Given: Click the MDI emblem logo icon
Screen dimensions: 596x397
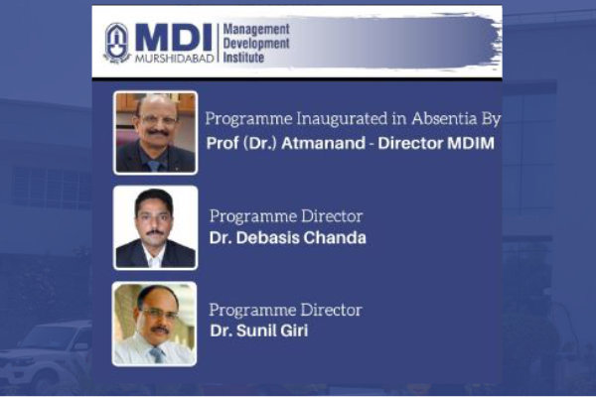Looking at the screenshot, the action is coord(117,43).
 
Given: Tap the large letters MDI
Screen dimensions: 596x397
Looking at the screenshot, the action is coord(174,38).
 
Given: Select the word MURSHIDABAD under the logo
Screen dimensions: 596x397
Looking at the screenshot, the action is coord(175,59).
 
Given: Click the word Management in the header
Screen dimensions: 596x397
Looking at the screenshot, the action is coord(256,29).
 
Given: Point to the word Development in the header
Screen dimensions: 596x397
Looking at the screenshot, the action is coord(256,44).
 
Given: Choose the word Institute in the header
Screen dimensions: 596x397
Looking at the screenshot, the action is coord(243,58).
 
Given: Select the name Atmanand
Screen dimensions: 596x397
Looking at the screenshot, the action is coord(324,143).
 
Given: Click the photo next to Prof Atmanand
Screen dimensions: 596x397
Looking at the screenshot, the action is coord(156,133).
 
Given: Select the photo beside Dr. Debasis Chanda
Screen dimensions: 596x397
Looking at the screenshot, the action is coord(156,228).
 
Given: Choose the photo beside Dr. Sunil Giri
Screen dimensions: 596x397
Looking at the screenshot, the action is coord(155,324).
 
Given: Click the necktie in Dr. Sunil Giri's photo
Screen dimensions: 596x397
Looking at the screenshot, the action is coord(158,355).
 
